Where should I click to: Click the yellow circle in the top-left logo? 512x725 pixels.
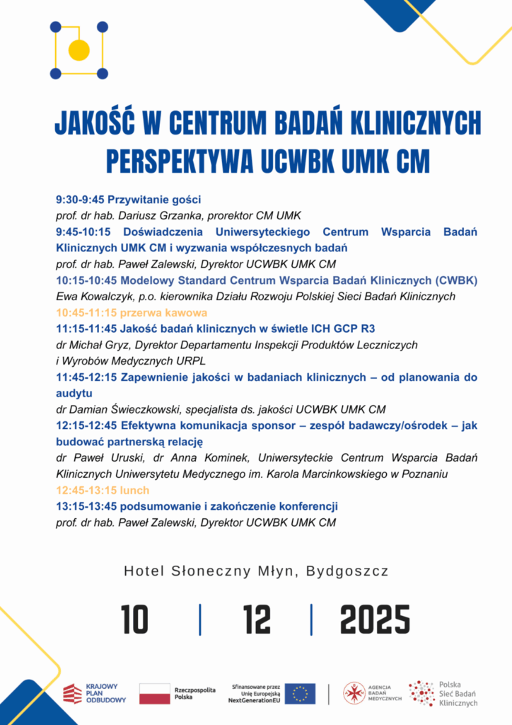(78, 50)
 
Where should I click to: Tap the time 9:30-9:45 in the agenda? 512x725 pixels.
(80, 200)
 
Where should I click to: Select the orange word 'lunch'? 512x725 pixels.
(134, 490)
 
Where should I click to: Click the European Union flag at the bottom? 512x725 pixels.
(301, 694)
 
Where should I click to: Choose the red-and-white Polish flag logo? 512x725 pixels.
(154, 694)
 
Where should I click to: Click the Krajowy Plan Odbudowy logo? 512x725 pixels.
(95, 694)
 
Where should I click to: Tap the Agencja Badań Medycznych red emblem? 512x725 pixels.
(354, 693)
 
